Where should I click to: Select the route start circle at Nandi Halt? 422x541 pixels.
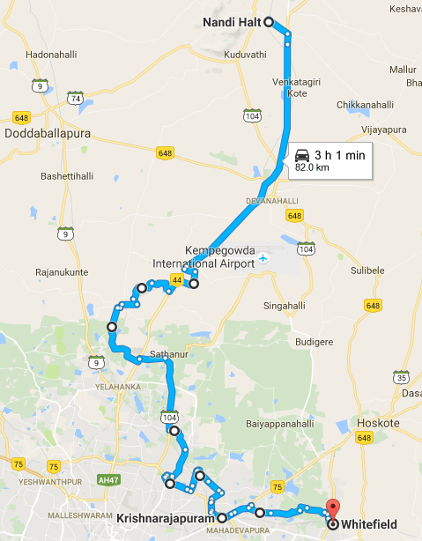[268, 22]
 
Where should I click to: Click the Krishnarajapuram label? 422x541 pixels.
[165, 520]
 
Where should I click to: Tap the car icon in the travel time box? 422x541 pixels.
[302, 152]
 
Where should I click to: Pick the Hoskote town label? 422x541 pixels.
[379, 423]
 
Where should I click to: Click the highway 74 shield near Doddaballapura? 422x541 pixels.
[77, 100]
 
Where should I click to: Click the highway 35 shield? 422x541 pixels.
[401, 377]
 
